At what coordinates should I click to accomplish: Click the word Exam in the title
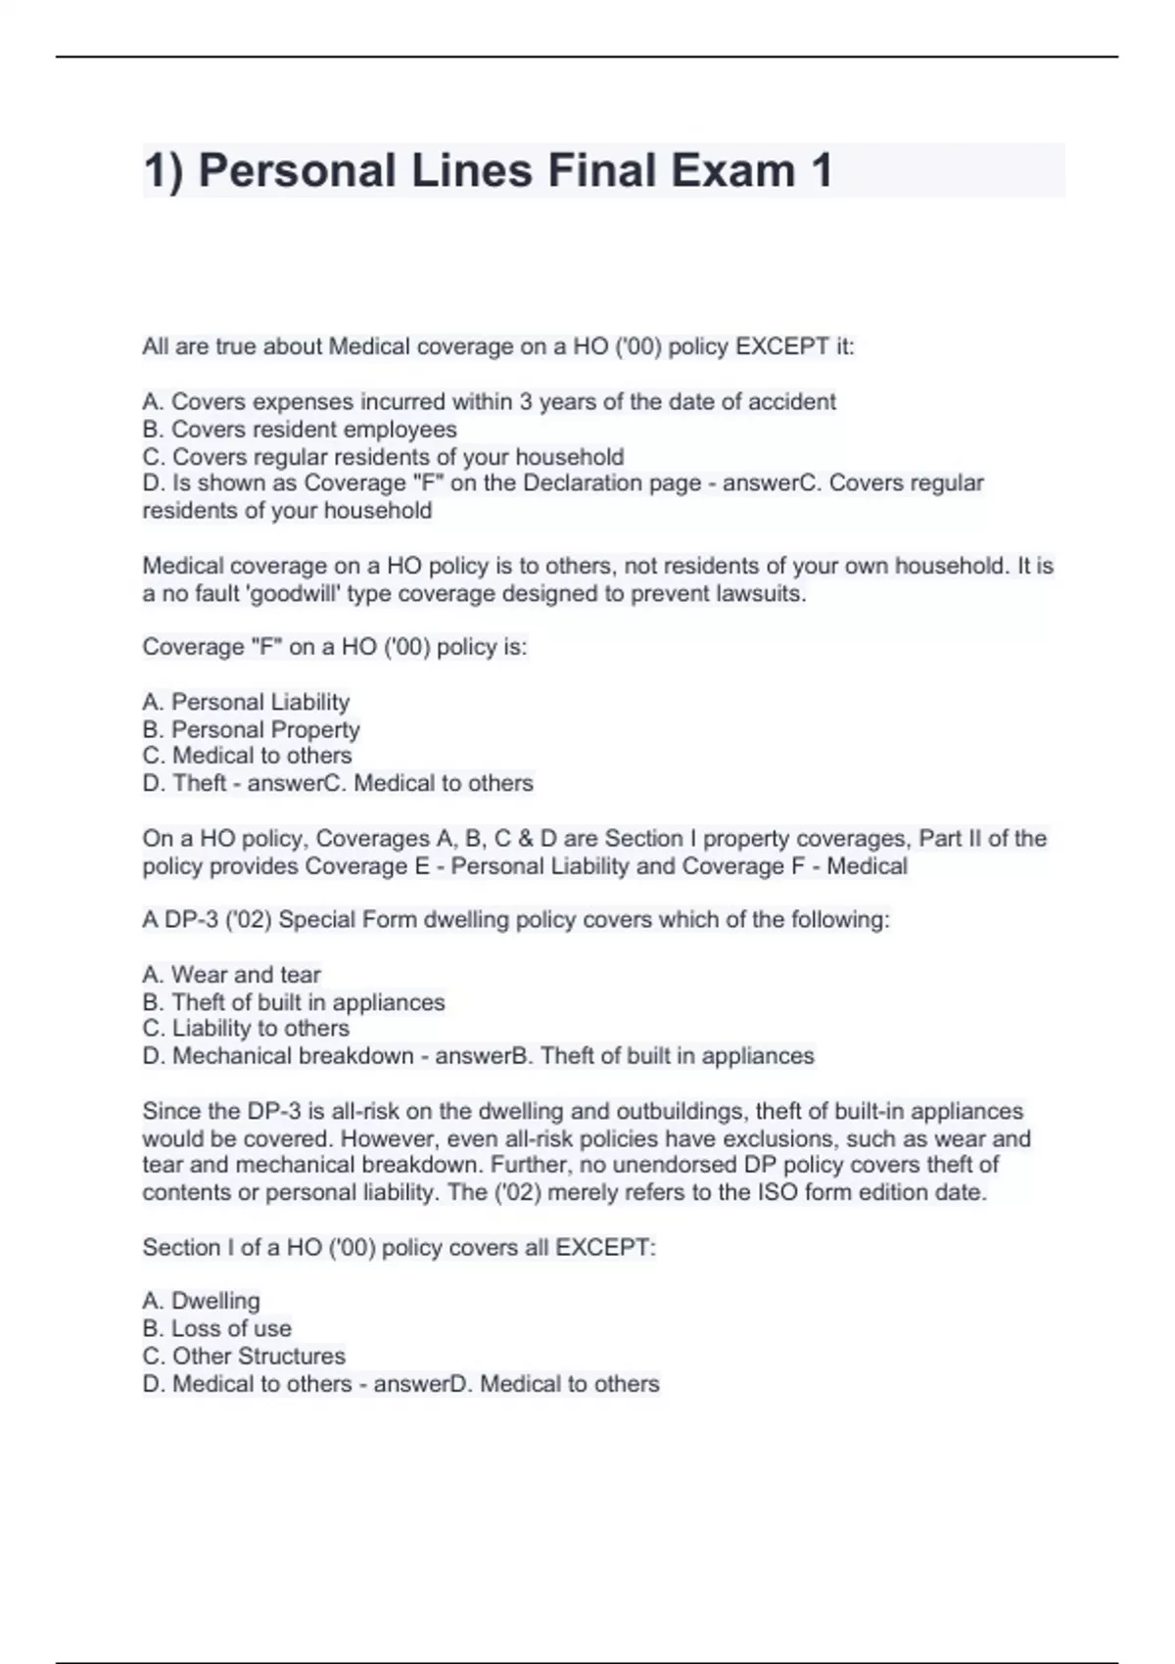click(x=732, y=170)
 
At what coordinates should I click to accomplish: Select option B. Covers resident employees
click(x=300, y=430)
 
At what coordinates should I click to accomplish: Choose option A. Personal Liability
click(x=246, y=702)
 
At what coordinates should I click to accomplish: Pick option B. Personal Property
click(x=251, y=729)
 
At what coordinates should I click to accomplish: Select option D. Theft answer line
click(x=338, y=783)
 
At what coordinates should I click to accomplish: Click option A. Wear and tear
click(x=231, y=975)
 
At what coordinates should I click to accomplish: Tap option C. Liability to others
click(x=246, y=1029)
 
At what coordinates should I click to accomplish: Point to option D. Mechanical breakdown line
click(x=478, y=1056)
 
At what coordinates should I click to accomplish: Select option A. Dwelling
click(x=201, y=1301)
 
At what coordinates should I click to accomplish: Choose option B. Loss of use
click(x=216, y=1328)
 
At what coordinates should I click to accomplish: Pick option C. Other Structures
click(x=244, y=1356)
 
